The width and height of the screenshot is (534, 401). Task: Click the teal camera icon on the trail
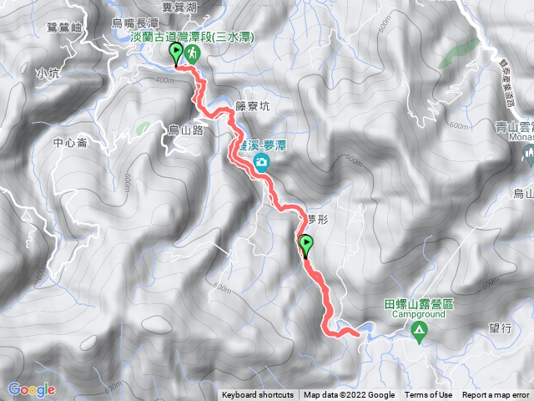(x=262, y=161)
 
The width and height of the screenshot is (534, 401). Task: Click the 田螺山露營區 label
(x=418, y=305)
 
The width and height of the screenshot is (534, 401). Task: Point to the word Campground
(x=418, y=316)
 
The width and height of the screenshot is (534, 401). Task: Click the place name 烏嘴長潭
(x=135, y=23)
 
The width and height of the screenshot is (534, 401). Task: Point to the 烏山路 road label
(x=187, y=129)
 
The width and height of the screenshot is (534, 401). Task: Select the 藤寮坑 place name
(x=253, y=106)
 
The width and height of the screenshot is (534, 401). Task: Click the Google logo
(x=31, y=389)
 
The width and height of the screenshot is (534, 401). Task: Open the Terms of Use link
(x=429, y=395)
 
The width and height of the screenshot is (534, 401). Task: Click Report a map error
(x=497, y=395)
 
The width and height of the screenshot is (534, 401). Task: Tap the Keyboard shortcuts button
(x=258, y=395)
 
